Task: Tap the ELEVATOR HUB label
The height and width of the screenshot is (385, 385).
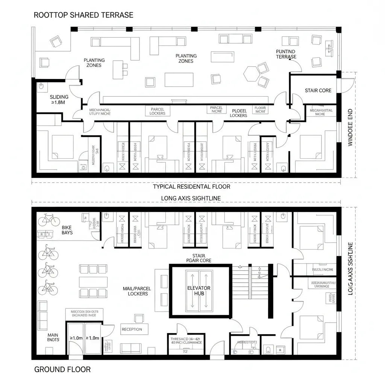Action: tap(199, 291)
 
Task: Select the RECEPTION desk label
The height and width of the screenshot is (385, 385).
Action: tap(132, 329)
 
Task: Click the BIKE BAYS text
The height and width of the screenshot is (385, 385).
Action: tap(67, 230)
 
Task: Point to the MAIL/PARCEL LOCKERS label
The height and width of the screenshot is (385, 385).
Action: tap(137, 291)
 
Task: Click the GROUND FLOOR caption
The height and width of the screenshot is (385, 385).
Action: tap(62, 369)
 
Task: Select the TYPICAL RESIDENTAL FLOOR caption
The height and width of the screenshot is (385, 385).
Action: tap(191, 186)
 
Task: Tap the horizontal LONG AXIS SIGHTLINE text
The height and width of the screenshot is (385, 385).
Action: tap(191, 198)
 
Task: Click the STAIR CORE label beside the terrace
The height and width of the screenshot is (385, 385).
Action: tap(318, 91)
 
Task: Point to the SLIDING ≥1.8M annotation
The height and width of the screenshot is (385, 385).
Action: tap(59, 100)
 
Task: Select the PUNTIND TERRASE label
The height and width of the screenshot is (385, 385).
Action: tap(286, 54)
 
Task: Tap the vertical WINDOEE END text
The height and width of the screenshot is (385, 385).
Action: tap(350, 127)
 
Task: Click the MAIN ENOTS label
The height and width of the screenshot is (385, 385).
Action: tap(53, 337)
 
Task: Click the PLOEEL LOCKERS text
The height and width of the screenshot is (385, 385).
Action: tap(239, 113)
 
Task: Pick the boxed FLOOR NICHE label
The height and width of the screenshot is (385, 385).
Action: tap(260, 110)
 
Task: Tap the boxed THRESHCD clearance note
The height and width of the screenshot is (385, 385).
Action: tap(186, 341)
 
